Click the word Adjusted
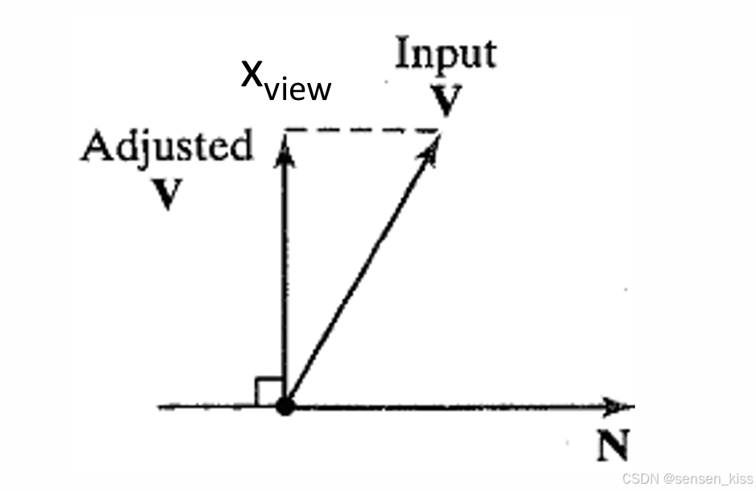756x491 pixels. coord(167,148)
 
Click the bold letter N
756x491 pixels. coord(613,446)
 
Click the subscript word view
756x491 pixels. coord(299,89)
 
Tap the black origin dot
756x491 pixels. coord(285,406)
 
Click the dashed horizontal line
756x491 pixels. coord(363,130)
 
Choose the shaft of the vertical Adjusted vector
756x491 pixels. coord(284,274)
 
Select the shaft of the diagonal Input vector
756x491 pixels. coord(359,278)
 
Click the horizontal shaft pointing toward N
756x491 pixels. coord(451,407)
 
